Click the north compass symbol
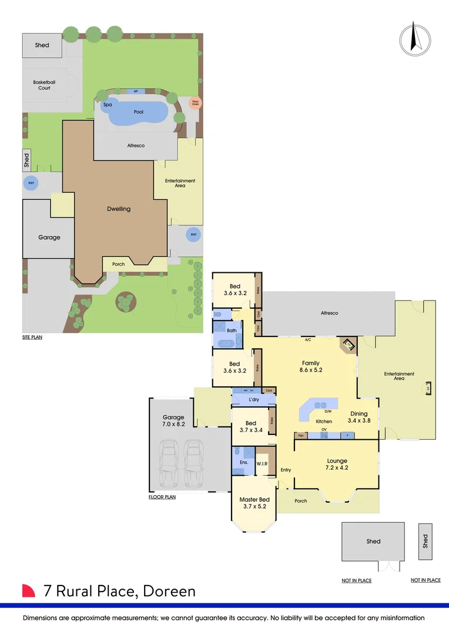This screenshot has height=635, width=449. (x=414, y=38)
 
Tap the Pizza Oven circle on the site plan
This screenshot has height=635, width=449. (x=195, y=103)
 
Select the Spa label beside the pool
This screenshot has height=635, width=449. (x=108, y=105)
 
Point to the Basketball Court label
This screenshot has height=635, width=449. (x=45, y=85)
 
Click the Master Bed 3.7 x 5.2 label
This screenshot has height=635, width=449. (x=253, y=503)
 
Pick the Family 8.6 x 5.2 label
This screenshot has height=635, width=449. (x=311, y=367)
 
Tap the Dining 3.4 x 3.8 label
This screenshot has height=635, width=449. (x=359, y=417)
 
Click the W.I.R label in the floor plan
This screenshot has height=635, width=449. (x=262, y=464)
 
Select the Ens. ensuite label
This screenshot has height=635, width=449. (x=244, y=463)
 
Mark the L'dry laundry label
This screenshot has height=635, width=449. (x=254, y=400)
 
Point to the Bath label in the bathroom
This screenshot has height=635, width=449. (x=232, y=330)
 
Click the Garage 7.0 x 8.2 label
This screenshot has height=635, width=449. (x=174, y=420)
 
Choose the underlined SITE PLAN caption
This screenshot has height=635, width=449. (x=32, y=337)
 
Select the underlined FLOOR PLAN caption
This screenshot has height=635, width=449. (x=162, y=497)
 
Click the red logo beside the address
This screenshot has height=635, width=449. (x=29, y=591)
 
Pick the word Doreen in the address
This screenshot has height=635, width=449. (x=170, y=591)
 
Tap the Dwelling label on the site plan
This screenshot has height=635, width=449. (x=119, y=209)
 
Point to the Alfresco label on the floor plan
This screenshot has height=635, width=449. (x=329, y=313)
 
